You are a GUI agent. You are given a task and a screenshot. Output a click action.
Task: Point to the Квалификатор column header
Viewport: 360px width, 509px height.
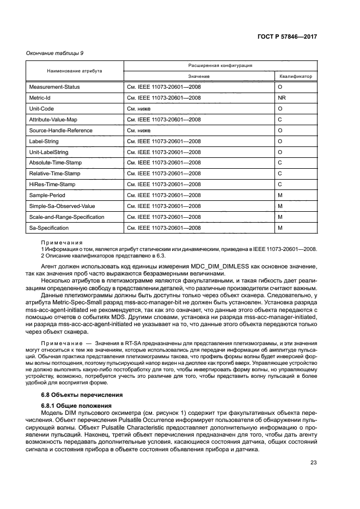coord(296,77)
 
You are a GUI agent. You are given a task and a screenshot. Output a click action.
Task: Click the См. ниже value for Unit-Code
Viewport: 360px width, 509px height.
coord(139,109)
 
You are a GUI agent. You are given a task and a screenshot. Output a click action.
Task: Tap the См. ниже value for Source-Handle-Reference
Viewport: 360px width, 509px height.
coord(139,131)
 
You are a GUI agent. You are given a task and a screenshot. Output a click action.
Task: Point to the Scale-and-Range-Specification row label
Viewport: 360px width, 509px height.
coord(66,217)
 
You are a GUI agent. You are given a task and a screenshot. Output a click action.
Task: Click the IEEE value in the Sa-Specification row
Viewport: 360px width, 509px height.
coord(164,228)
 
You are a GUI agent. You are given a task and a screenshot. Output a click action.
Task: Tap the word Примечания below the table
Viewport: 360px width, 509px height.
coord(62,243)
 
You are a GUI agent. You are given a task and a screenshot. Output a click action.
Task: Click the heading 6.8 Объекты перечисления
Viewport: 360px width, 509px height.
coord(82,395)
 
